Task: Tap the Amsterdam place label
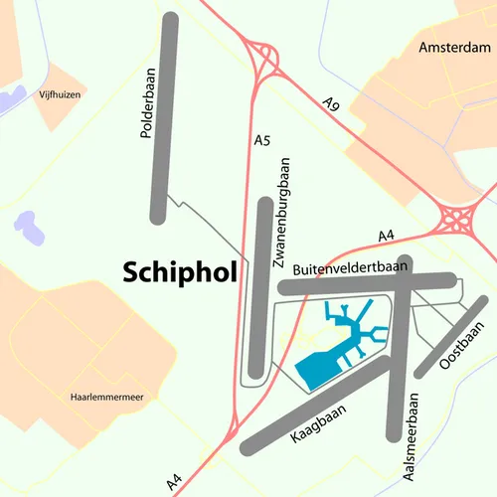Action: [x=456, y=48]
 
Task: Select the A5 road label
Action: [x=262, y=142]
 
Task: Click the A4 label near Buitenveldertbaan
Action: [x=388, y=236]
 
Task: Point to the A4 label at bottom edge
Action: [x=175, y=482]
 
